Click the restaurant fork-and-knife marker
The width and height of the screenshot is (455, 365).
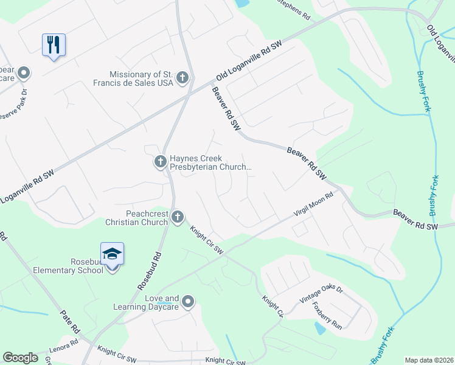point(54,44)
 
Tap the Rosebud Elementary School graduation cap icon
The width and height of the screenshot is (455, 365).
point(113,253)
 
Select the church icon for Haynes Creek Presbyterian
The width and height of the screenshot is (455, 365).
point(160,162)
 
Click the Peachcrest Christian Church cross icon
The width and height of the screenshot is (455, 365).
point(177,217)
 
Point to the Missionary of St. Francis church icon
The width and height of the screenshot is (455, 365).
point(182,77)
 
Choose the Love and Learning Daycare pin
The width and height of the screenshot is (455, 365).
point(188,302)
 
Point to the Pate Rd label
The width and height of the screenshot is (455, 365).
point(69,321)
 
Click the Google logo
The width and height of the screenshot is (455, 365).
point(20,358)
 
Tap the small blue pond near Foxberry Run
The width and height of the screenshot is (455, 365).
point(320,328)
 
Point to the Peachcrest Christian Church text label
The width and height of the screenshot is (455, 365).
point(138,218)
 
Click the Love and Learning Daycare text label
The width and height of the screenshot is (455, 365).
point(146,302)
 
